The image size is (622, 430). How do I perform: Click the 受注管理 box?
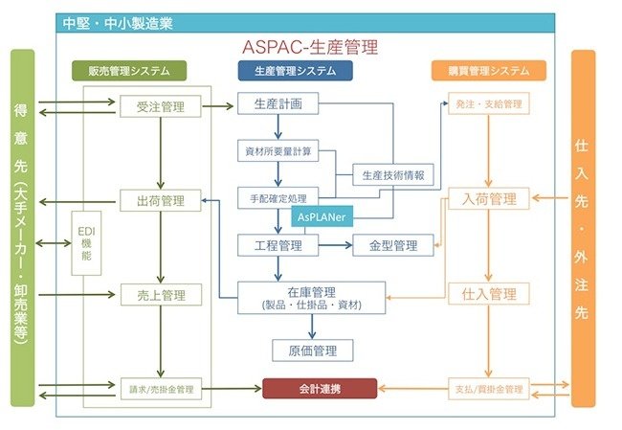(161, 105)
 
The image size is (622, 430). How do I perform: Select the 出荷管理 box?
(161, 200)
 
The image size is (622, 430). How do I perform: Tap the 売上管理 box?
(161, 295)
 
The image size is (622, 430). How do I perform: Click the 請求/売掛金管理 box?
(161, 390)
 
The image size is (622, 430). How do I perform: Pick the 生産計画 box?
(278, 103)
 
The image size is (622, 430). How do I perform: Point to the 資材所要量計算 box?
(278, 151)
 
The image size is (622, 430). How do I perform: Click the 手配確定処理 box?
(278, 198)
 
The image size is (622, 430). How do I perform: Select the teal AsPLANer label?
(325, 217)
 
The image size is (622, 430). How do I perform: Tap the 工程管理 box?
(278, 246)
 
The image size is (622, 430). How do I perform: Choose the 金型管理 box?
(392, 246)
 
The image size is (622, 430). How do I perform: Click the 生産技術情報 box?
(392, 175)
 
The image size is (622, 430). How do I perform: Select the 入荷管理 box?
(489, 200)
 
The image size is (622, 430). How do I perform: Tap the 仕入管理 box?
(489, 295)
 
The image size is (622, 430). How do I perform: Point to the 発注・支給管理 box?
(489, 102)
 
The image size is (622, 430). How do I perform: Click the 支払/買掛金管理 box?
(489, 390)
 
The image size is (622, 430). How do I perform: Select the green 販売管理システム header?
(129, 71)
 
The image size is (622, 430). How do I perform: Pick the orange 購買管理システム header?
(496, 71)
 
